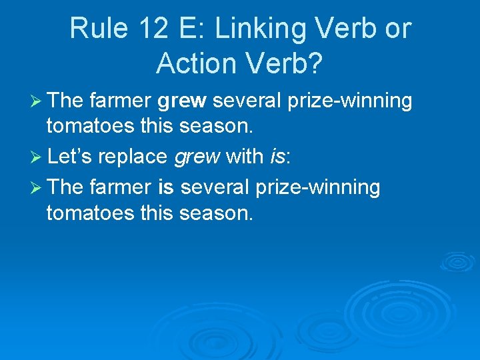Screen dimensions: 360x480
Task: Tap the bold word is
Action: [166, 188]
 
